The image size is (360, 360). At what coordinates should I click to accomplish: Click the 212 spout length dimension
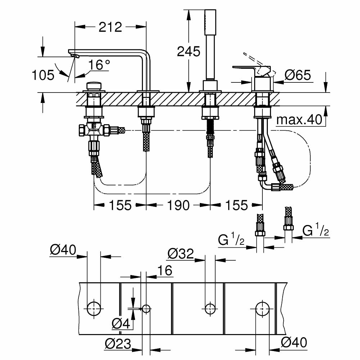pos(110,27)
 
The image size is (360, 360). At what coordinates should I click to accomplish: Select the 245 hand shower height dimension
pos(188,51)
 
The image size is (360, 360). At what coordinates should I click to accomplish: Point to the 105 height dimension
pos(43,75)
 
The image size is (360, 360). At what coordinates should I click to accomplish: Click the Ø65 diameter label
pos(297,75)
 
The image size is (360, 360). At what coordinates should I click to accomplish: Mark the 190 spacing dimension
pos(178,205)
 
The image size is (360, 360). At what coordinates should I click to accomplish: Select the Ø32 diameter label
pos(180,254)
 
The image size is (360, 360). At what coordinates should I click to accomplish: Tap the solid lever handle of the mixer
pos(248,68)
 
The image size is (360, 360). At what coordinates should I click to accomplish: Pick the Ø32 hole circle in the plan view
pos(210,308)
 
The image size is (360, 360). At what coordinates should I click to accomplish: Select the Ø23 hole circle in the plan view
pos(146,309)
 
